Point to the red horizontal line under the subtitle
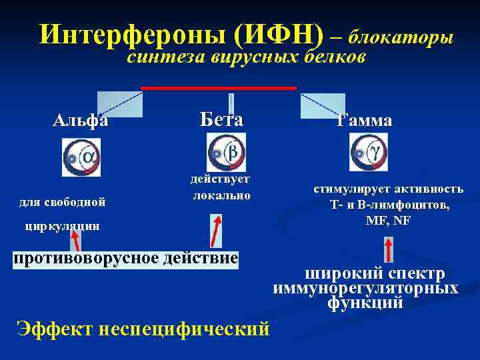click(218, 87)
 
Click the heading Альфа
click(81, 121)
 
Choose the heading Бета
click(221, 119)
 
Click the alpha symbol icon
click(81, 157)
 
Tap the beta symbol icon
click(226, 152)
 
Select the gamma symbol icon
click(369, 152)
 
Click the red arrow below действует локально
click(216, 230)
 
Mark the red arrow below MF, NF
click(389, 249)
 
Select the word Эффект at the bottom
click(53, 329)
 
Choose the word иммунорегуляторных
click(365, 289)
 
